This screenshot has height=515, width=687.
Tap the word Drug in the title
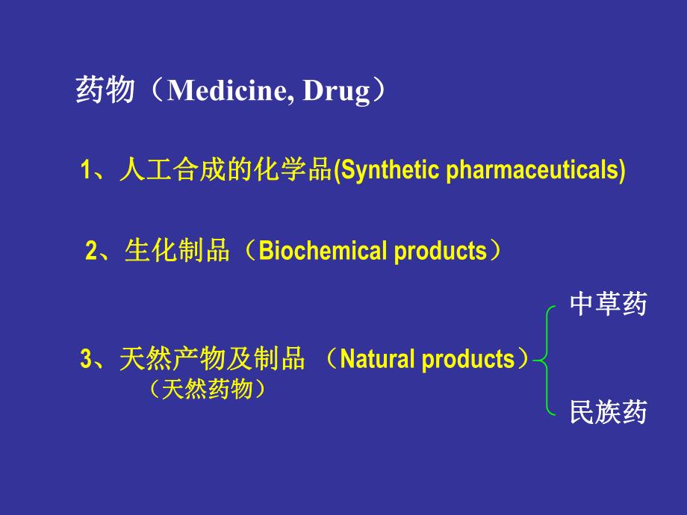[335, 91]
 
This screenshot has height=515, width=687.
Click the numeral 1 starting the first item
[85, 171]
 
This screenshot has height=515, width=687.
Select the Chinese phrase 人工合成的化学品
[224, 170]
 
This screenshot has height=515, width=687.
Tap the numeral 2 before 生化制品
[91, 252]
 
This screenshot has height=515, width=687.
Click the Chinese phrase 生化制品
[177, 252]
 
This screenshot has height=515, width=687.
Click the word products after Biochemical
[440, 252]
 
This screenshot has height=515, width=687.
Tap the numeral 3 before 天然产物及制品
[85, 360]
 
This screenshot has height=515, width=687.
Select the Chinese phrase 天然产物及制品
[212, 360]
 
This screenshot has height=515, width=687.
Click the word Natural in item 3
[378, 360]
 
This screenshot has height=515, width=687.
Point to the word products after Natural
[468, 360]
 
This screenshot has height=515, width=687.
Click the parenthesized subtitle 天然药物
[207, 389]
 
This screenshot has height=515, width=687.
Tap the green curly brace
[547, 359]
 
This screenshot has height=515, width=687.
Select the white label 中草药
[608, 304]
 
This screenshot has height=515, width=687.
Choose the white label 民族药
[608, 412]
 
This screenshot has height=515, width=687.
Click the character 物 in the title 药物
[121, 91]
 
